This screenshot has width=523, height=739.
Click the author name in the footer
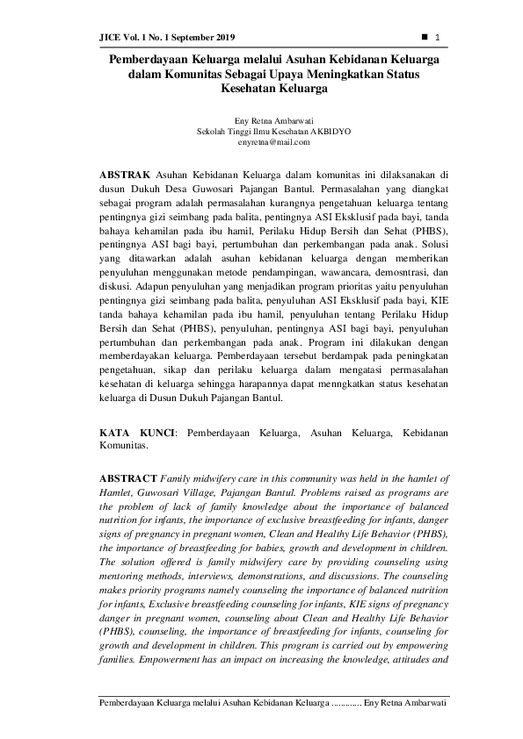[405, 704]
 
